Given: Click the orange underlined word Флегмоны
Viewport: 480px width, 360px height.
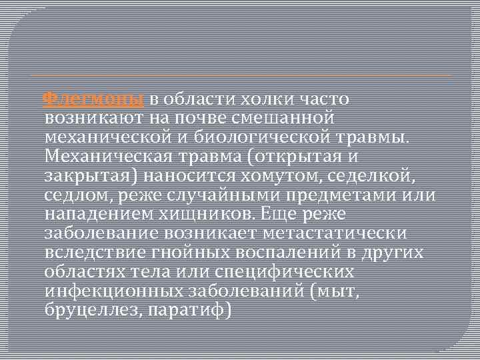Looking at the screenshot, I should [93, 99].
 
